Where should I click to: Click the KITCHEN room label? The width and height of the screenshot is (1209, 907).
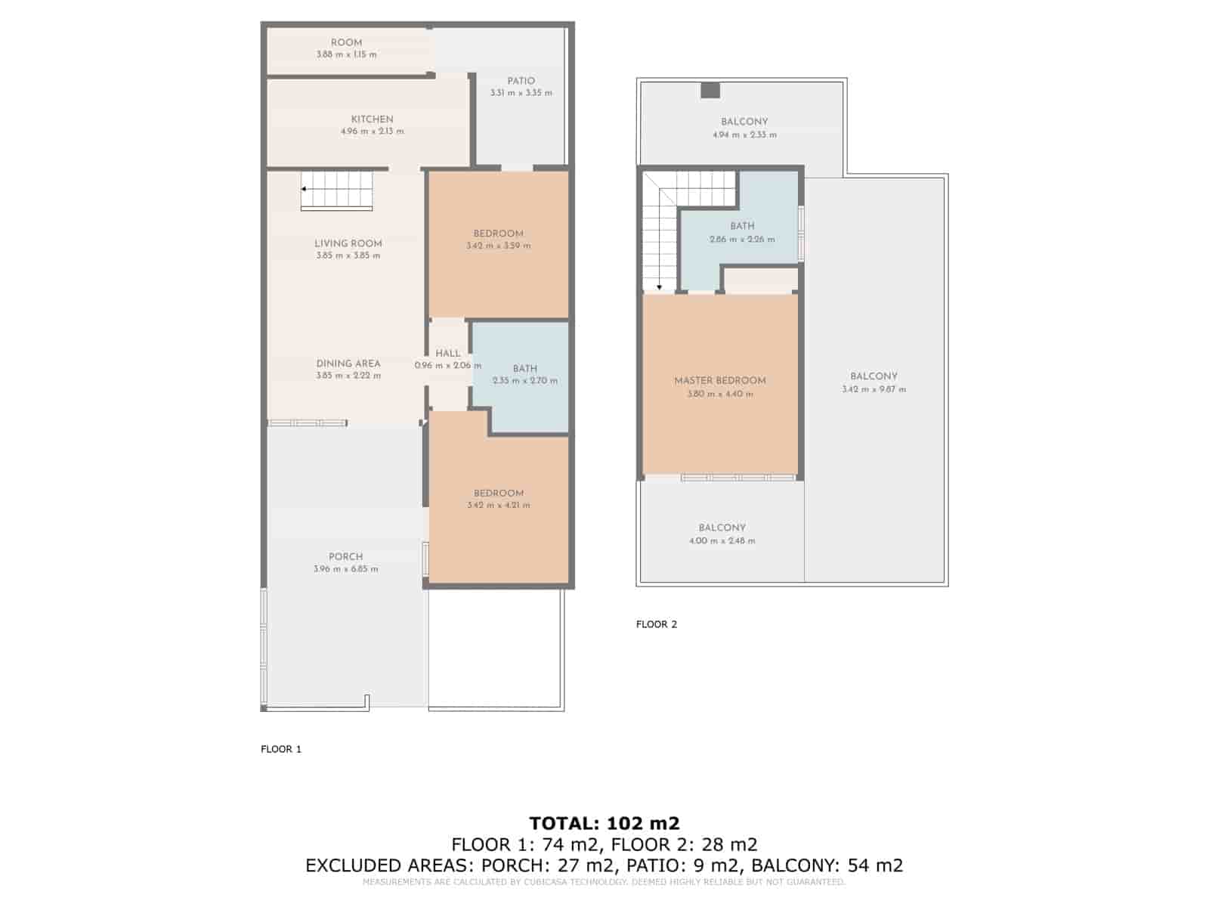[372, 119]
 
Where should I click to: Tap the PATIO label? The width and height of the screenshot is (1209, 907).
[521, 81]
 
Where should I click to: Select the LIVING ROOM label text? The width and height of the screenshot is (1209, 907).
[348, 243]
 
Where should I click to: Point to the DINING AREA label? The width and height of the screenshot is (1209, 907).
[348, 364]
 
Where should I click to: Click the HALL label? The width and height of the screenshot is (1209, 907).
[447, 354]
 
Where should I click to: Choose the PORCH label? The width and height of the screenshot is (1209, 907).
[346, 557]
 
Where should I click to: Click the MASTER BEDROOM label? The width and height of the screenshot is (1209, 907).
[720, 380]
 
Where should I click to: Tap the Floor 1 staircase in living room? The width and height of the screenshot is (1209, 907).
[336, 190]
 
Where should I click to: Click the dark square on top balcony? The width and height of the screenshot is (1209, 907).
[710, 90]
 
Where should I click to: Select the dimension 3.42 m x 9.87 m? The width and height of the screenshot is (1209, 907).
[874, 389]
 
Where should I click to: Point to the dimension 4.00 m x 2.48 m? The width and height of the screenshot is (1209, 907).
[722, 540]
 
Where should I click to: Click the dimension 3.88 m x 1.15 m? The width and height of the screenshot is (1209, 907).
[346, 54]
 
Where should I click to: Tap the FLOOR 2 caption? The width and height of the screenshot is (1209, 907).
[657, 624]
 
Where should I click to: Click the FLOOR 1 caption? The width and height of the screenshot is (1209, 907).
[281, 749]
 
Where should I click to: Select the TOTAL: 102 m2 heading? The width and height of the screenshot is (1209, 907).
[604, 823]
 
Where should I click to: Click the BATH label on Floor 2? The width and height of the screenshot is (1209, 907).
[742, 226]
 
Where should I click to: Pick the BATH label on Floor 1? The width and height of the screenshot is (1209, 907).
[525, 369]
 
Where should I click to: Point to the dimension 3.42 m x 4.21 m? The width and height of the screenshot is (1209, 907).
[499, 505]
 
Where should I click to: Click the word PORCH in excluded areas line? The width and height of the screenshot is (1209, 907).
[514, 865]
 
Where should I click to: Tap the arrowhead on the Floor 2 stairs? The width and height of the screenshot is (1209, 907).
[660, 287]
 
